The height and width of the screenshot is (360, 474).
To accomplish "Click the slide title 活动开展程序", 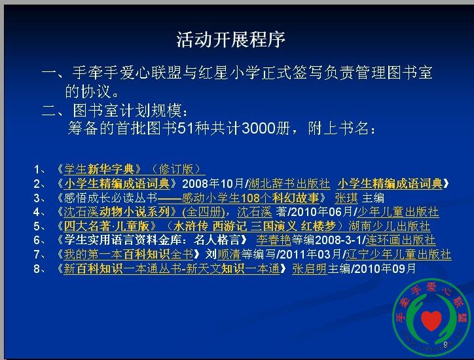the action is point(230,39).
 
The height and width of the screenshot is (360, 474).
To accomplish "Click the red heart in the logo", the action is point(431,321).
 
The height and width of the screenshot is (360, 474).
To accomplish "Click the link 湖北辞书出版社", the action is point(289,183).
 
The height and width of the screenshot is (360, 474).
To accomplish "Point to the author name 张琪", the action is point(346,198).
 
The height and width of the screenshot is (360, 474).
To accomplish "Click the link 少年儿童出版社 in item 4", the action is point(398,212).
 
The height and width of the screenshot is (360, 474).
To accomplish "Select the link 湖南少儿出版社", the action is point(390,226).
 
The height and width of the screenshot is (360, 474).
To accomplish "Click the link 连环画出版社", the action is point(401,240).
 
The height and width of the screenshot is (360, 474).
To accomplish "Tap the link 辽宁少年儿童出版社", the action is point(399,254).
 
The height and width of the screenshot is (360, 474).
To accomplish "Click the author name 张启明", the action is point(310,268).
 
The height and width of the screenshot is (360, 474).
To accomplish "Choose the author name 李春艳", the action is point(274,240).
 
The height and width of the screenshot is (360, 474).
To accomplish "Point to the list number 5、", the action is point(39,226).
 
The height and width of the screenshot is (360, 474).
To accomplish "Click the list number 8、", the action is point(39,268).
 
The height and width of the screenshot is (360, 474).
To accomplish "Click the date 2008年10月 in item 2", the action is point(213,183).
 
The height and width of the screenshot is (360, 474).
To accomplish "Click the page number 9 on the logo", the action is point(445,344).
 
